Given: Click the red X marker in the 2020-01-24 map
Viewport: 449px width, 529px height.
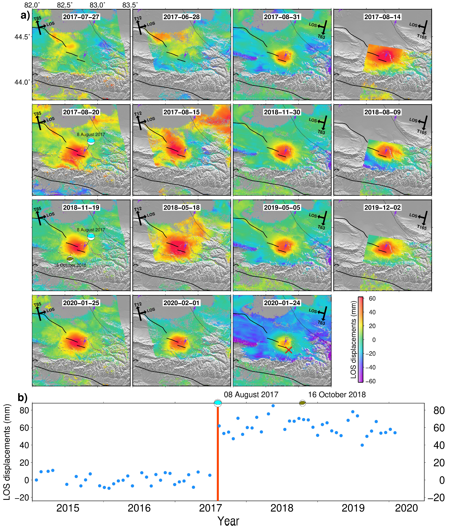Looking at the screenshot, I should (x=288, y=350).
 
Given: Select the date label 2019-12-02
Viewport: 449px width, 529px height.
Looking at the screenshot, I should (x=382, y=208).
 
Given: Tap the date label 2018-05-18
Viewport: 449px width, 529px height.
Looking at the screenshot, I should (x=181, y=208).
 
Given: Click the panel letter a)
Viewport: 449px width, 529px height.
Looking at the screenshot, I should (x=25, y=15).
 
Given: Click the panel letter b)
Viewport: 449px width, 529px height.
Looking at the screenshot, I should (x=22, y=397).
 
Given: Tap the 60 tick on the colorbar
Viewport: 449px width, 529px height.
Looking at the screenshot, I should (x=372, y=298).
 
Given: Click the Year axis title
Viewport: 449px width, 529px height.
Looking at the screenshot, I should (x=228, y=521).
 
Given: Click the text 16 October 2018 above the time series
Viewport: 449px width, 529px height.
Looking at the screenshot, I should (x=337, y=395).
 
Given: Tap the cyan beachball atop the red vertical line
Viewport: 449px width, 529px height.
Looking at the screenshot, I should (x=218, y=403).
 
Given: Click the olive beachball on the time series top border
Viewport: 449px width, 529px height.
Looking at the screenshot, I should (x=302, y=403).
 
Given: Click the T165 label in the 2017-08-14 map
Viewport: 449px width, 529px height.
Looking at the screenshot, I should (x=422, y=37).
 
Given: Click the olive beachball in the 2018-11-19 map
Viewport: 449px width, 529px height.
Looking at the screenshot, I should (x=70, y=259).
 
